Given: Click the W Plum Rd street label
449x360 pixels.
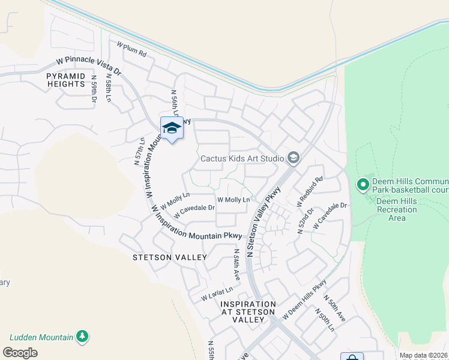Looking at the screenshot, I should pos(131,49).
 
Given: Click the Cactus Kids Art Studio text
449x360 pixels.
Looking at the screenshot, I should pos(242,158).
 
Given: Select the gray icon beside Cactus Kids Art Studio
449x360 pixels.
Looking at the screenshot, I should pos(294,158).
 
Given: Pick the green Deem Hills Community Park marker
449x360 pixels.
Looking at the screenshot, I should pos(363,185).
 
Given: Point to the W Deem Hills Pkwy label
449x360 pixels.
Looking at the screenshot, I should pos(304,303).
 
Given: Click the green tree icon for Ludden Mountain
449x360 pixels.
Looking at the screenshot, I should pos(83,338).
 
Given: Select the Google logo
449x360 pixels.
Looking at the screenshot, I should pos(20,352).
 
